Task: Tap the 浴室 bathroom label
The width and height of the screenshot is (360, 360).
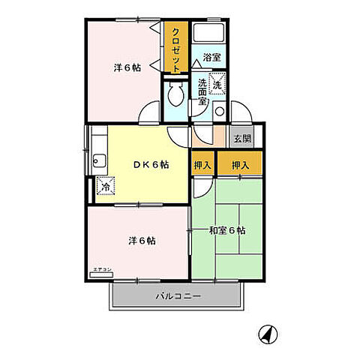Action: [x=211, y=57]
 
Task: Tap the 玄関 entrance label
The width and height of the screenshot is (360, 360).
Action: [x=241, y=138]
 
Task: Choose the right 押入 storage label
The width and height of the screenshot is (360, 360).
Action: [x=241, y=164]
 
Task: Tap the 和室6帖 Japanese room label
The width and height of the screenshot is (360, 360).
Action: [x=226, y=230]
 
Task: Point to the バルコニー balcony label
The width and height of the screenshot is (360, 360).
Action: [x=178, y=297]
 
